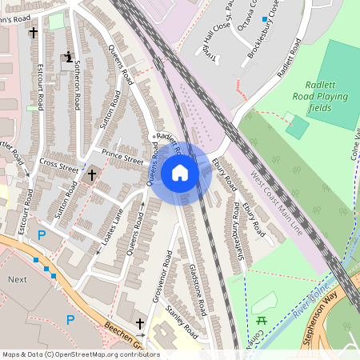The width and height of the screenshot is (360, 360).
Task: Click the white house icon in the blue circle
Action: pos(180,172)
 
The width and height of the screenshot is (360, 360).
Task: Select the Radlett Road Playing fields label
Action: pos(329,96)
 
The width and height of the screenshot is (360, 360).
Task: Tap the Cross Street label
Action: pos(59,167)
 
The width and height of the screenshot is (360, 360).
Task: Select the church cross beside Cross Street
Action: pos(92,174)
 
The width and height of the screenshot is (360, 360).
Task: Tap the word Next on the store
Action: pos(18,281)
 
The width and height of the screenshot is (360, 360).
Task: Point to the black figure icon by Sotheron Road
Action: pos(69,57)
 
